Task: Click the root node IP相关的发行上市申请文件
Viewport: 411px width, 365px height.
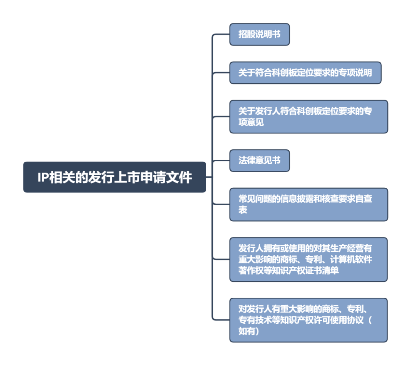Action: (x=114, y=177)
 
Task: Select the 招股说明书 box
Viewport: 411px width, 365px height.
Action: (x=259, y=34)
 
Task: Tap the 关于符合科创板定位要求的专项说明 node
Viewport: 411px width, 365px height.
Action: (x=305, y=73)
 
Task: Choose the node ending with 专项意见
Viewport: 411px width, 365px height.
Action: (x=308, y=117)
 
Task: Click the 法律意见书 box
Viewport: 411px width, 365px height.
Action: (x=259, y=160)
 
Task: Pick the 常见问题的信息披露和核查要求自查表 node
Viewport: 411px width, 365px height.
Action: (x=308, y=204)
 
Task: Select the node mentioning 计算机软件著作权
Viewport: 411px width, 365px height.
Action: (x=308, y=260)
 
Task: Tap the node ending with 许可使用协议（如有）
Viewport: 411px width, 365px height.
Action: (x=308, y=320)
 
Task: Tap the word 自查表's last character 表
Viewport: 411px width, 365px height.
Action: (x=243, y=210)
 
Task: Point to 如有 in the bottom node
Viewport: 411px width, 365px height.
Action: (x=247, y=331)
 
